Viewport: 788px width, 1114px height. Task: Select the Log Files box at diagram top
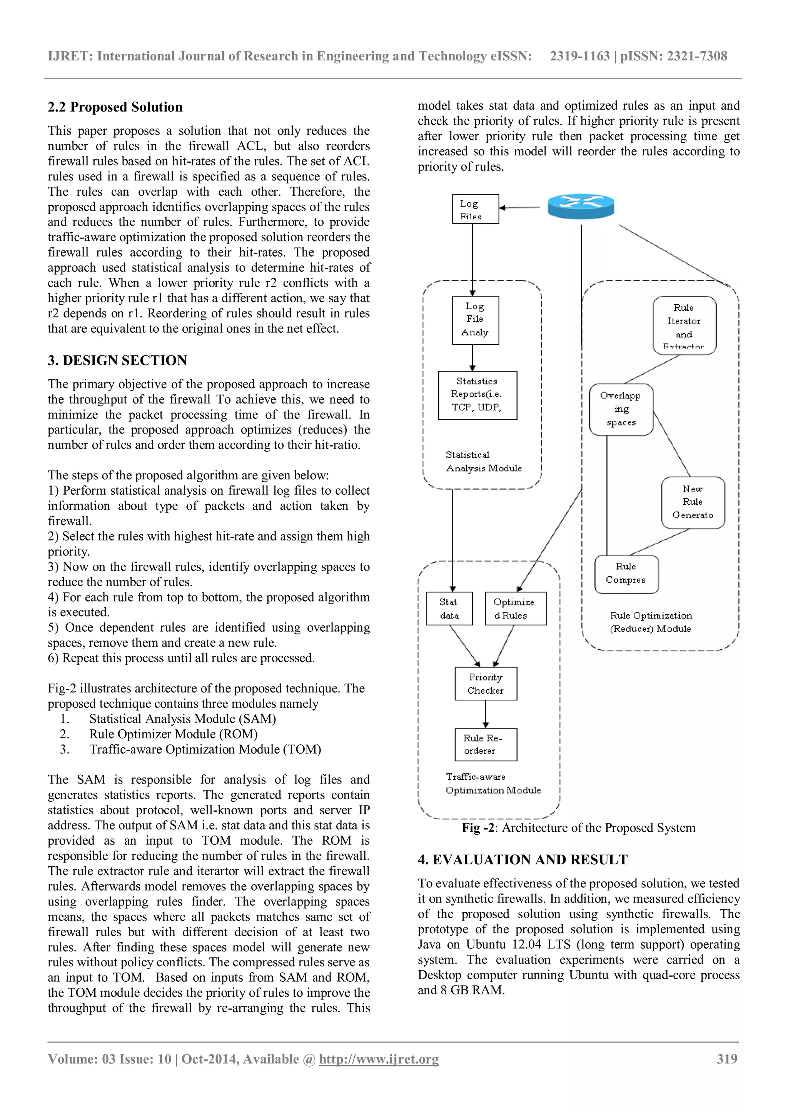pyautogui.click(x=475, y=209)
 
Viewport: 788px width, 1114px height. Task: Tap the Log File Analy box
pyautogui.click(x=475, y=320)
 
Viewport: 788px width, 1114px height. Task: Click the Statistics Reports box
pyautogui.click(x=477, y=395)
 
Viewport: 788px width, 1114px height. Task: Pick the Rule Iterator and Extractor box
pyautogui.click(x=684, y=325)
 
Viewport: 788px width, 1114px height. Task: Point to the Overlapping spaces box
pyautogui.click(x=621, y=410)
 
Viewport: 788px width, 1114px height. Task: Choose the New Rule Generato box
pyautogui.click(x=693, y=503)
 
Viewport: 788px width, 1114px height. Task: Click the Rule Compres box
pyautogui.click(x=626, y=574)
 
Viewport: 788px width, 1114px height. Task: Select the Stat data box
pyautogui.click(x=449, y=609)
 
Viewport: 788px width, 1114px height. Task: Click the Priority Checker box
pyautogui.click(x=486, y=684)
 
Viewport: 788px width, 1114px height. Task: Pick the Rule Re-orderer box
pyautogui.click(x=486, y=744)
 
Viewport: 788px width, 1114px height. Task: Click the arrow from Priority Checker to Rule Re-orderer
pyautogui.click(x=486, y=714)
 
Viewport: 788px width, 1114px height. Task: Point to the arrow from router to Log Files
pyautogui.click(x=519, y=208)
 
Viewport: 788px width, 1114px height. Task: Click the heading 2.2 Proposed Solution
pyautogui.click(x=115, y=107)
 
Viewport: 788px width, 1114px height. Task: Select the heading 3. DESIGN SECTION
pyautogui.click(x=117, y=360)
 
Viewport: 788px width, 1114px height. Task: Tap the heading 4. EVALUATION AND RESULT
pyautogui.click(x=523, y=860)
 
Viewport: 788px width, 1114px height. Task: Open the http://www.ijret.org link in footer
pyautogui.click(x=379, y=1059)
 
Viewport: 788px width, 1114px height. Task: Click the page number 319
pyautogui.click(x=726, y=1059)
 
